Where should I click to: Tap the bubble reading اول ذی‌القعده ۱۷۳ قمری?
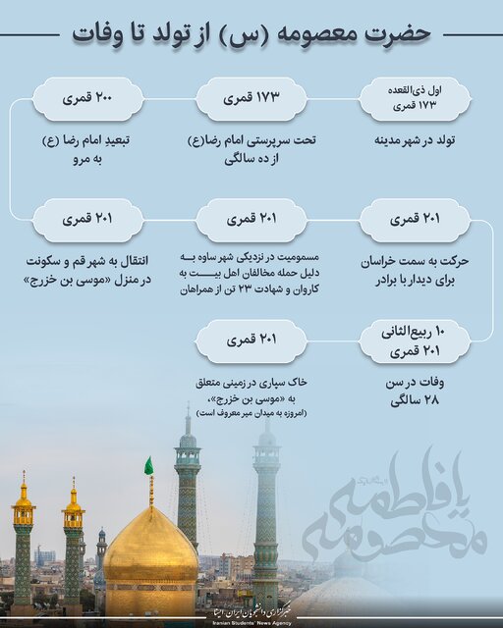click(413, 97)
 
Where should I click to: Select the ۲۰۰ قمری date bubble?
click(88, 99)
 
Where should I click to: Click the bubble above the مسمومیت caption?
click(252, 218)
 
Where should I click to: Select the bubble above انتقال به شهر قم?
click(88, 218)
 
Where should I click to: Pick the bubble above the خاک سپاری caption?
click(251, 340)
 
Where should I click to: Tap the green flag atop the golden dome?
click(148, 466)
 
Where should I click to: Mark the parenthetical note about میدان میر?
click(252, 413)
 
